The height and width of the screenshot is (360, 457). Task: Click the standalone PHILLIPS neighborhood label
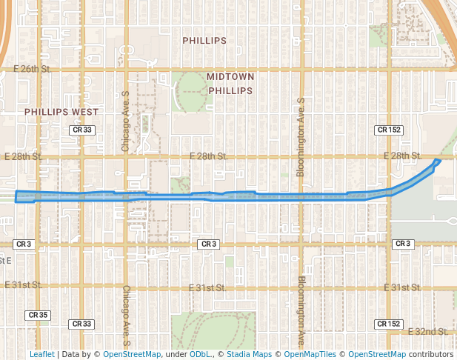click(x=204, y=41)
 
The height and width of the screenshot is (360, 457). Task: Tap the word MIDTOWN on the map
click(x=230, y=77)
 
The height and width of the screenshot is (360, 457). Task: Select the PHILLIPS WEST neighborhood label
click(x=61, y=112)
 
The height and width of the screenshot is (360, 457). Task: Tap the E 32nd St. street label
click(x=423, y=331)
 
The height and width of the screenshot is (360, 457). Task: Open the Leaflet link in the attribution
click(x=41, y=354)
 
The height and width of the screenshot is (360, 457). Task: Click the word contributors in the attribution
click(x=430, y=354)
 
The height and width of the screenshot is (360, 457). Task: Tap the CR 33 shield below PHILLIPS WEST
click(x=82, y=130)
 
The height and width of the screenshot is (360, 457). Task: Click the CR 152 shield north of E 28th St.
click(x=389, y=130)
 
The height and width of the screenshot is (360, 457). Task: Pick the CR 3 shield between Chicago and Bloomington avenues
click(x=208, y=244)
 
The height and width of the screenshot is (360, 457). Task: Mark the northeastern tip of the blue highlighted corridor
click(x=439, y=160)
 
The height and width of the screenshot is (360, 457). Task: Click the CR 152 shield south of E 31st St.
click(x=389, y=324)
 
